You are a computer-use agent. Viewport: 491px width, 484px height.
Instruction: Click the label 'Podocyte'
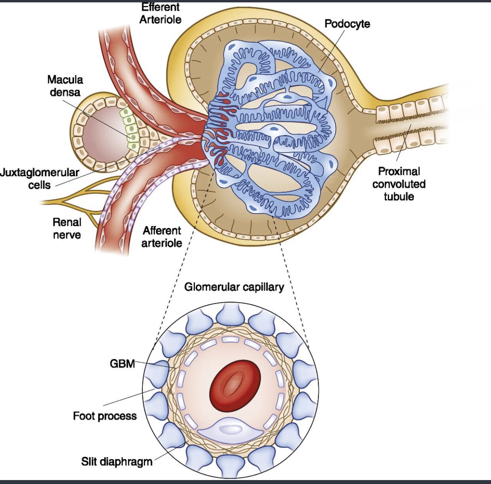point(347,24)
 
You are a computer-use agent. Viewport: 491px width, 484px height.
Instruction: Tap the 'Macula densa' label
point(65,86)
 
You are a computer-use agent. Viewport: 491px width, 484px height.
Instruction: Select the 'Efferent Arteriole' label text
point(160,13)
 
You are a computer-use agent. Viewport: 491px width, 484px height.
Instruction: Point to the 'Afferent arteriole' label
point(162,236)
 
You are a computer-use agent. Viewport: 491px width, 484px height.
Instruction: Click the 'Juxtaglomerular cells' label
point(40,179)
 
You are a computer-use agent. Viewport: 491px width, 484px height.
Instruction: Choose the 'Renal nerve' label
point(67,228)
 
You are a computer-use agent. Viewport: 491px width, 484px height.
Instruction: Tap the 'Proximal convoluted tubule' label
point(398,184)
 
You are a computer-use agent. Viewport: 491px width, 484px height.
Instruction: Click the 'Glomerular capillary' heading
point(234,287)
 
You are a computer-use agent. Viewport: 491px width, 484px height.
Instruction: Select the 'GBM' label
point(122,363)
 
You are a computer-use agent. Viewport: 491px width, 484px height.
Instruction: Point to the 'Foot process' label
point(105,416)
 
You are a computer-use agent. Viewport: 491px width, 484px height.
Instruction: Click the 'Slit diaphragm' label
point(117,461)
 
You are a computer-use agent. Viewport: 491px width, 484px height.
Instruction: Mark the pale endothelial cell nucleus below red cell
point(230,429)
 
